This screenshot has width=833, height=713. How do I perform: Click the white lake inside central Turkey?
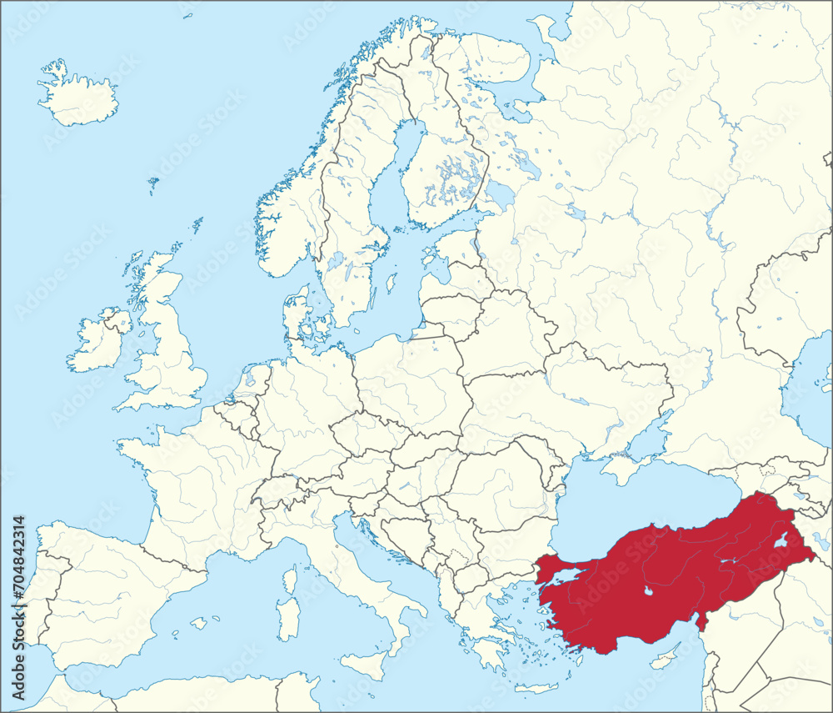(647, 593)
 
